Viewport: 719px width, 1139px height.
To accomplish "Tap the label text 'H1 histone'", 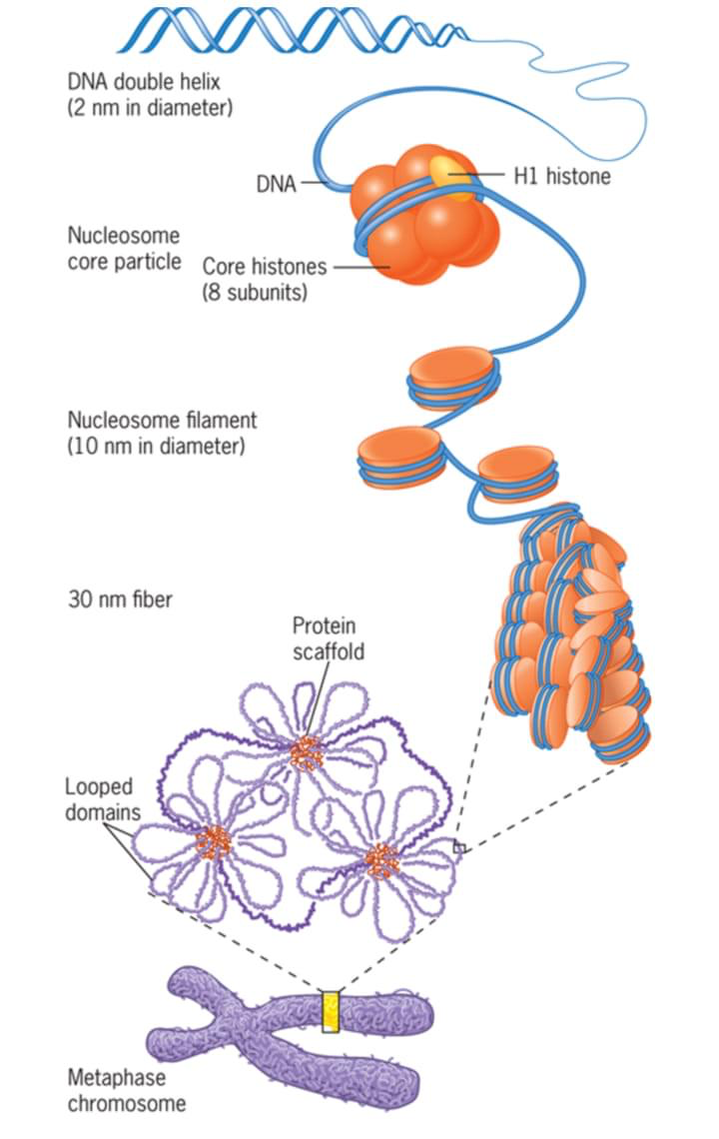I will pyautogui.click(x=561, y=177).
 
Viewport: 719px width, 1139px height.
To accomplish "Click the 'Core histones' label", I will pyautogui.click(x=265, y=267).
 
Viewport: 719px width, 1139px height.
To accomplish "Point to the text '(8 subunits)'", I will pyautogui.click(x=254, y=294).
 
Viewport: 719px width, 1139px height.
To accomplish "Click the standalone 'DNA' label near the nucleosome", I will pyautogui.click(x=276, y=185).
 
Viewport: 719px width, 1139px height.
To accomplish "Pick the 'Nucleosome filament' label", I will pyautogui.click(x=162, y=421).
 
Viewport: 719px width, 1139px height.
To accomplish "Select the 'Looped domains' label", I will pyautogui.click(x=99, y=798).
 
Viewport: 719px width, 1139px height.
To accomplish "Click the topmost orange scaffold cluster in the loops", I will pyautogui.click(x=306, y=753).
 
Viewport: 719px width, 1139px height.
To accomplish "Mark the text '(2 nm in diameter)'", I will pyautogui.click(x=149, y=107).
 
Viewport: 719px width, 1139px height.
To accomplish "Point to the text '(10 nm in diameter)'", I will pyautogui.click(x=156, y=447).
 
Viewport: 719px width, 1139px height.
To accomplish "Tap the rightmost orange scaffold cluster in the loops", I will pyautogui.click(x=381, y=857).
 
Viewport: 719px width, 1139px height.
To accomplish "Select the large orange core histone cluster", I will pyautogui.click(x=424, y=215).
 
